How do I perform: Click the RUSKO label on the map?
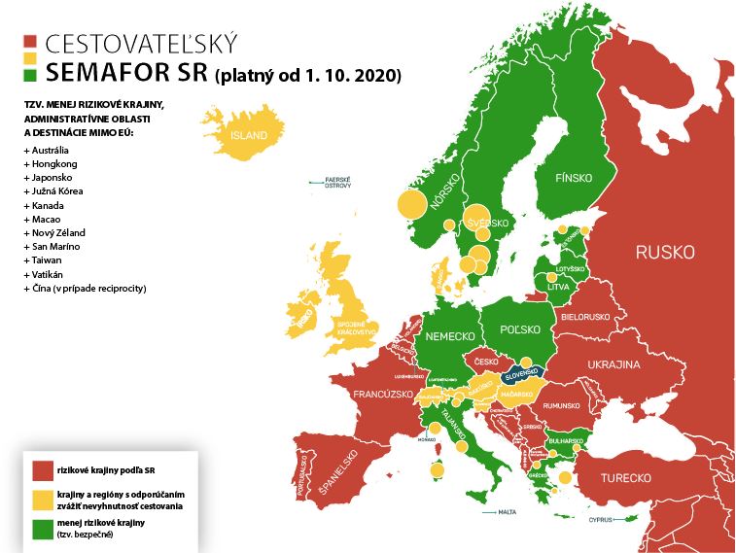point(665,253)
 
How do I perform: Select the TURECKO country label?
point(625,478)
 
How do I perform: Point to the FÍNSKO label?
point(573,179)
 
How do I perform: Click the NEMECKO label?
point(448,336)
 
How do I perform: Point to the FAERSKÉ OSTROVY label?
point(337,182)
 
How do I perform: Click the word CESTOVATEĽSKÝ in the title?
point(141,44)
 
